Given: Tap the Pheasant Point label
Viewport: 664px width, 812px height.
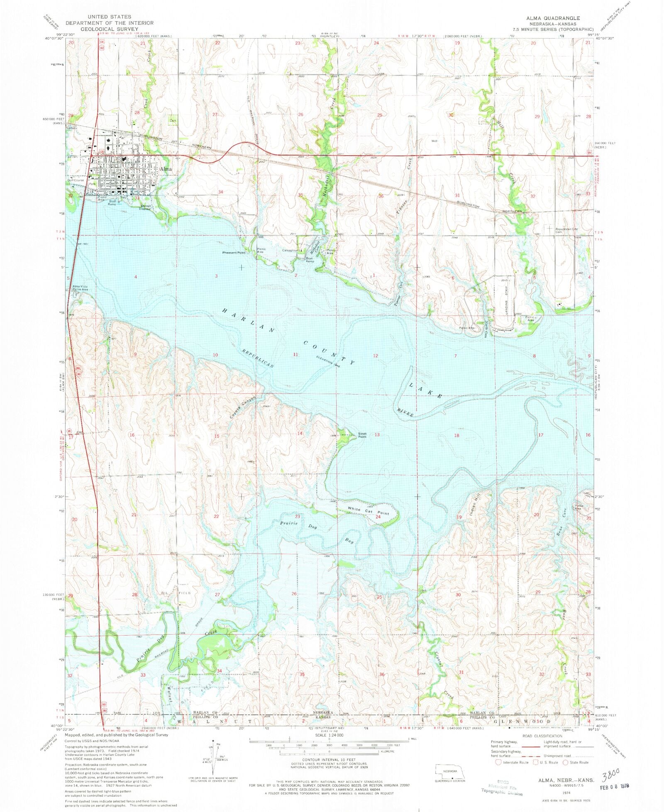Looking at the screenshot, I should [234, 253].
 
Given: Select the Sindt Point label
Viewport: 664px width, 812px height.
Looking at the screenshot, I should [362, 435].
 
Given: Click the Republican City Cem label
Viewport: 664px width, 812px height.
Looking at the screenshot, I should [566, 230].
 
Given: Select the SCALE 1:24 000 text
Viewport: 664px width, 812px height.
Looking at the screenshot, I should [330, 734].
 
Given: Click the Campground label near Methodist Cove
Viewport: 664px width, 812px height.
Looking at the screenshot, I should [290, 250].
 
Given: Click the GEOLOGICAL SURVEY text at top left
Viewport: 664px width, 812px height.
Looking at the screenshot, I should [110, 29].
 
